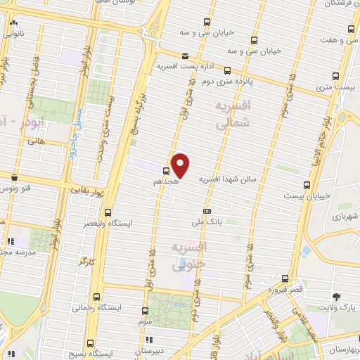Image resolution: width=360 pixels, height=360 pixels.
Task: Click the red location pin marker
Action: pos(181,165)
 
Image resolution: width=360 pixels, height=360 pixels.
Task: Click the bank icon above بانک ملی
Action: pos(207,211)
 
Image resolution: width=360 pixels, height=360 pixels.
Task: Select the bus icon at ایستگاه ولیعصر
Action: pos(108,212)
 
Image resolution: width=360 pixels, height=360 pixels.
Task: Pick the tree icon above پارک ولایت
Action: pos(337,296)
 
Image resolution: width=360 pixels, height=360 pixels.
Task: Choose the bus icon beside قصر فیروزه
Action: pos(284,278)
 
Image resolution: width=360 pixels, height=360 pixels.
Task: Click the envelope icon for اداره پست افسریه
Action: pos(184,56)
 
